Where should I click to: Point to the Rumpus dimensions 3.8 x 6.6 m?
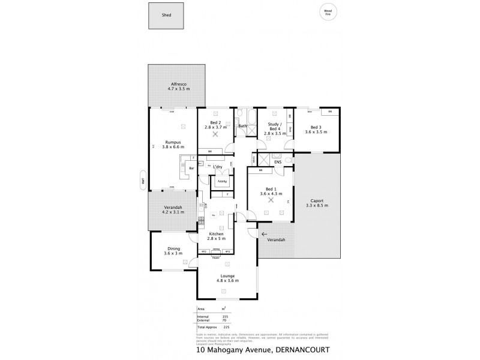pyautogui.click(x=173, y=147)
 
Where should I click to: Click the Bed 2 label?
pyautogui.click(x=214, y=123)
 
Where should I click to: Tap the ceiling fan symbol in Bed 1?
pyautogui.click(x=272, y=200)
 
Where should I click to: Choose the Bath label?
pyautogui.click(x=243, y=126)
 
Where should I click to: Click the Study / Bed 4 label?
pyautogui.click(x=273, y=127)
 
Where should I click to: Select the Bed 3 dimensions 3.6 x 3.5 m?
pyautogui.click(x=316, y=131)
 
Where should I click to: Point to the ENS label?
pyautogui.click(x=278, y=162)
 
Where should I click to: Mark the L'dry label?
pyautogui.click(x=218, y=167)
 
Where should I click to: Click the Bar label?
pyautogui.click(x=191, y=168)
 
